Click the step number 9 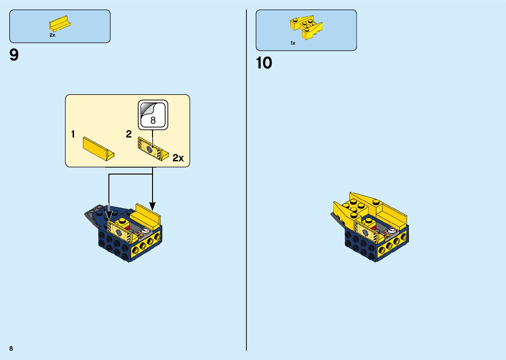(14, 55)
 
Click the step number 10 (264, 63)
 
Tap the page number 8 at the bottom (11, 348)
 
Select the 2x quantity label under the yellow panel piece (52, 35)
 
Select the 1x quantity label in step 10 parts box (292, 43)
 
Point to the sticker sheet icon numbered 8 (153, 115)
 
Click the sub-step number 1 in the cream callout (73, 134)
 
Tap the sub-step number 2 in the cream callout (129, 134)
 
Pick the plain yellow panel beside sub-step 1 (98, 149)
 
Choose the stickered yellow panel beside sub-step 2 (152, 150)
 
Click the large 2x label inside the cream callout (178, 158)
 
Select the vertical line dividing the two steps (246, 180)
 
